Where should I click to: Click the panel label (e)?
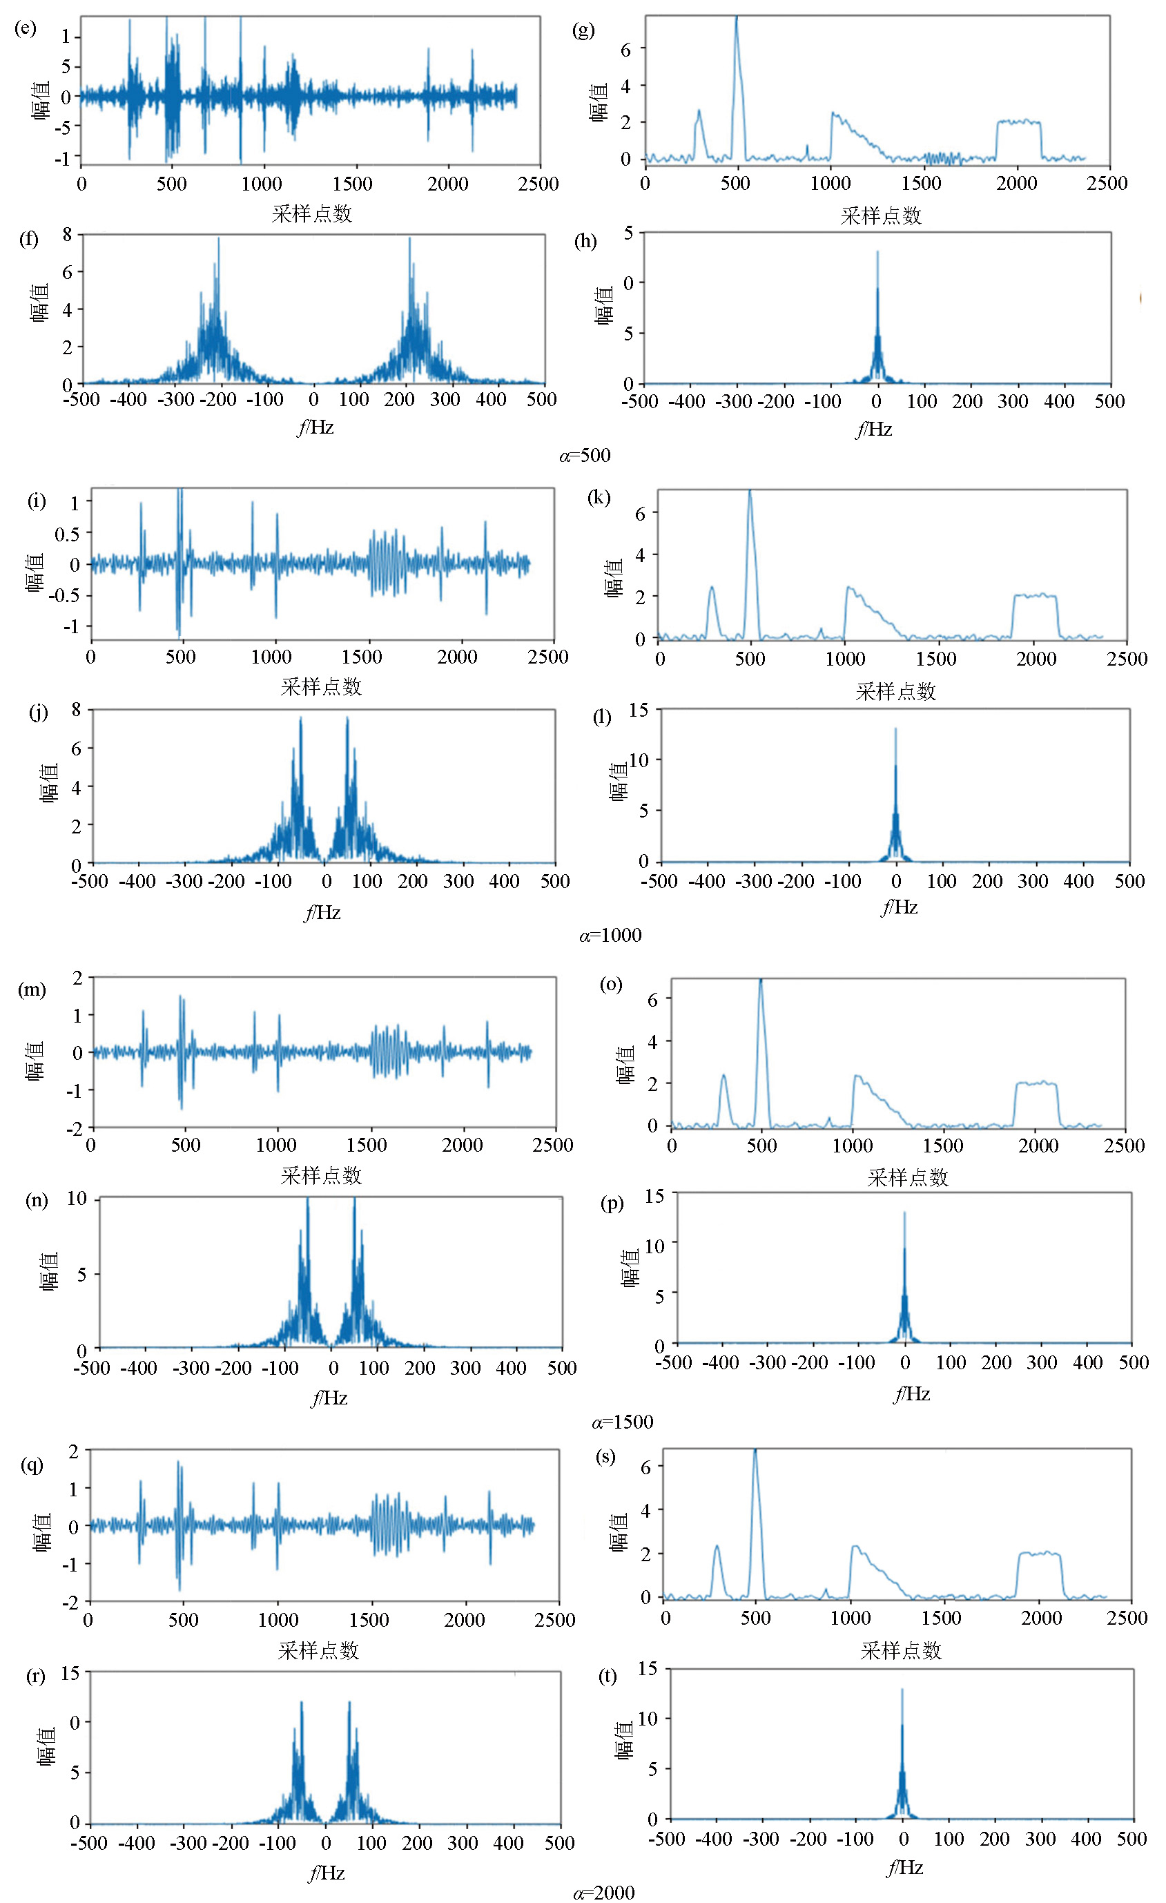tap(26, 30)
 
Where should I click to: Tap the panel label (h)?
tap(585, 241)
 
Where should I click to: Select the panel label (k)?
tap(599, 496)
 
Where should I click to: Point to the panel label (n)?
tap(37, 1199)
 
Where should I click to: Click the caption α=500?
tap(585, 455)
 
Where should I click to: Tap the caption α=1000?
tap(610, 936)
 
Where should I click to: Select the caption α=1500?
tap(623, 1422)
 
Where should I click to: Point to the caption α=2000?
tap(604, 1892)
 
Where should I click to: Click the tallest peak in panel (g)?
tap(736, 17)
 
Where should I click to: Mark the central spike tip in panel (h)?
tap(877, 252)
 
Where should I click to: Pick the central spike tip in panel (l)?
tap(896, 728)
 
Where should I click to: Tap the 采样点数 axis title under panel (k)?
tap(896, 691)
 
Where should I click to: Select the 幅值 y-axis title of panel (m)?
tap(35, 1061)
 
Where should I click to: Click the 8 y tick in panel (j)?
tap(76, 709)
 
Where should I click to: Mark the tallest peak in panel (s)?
tap(755, 1449)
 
